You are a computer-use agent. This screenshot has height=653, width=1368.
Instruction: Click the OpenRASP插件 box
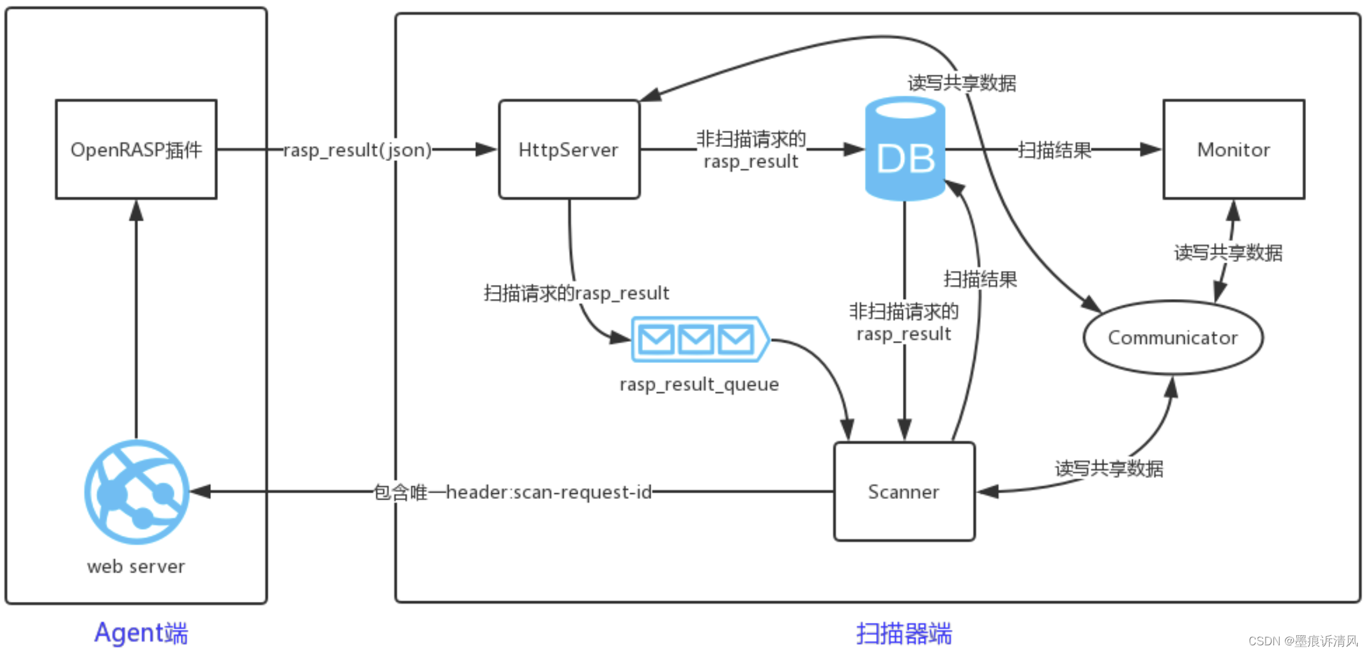(x=136, y=150)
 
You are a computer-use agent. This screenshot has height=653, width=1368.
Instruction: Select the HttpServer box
(x=569, y=150)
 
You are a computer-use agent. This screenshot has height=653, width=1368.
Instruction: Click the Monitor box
(x=1233, y=150)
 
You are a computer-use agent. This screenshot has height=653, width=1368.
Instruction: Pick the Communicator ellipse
(x=1172, y=337)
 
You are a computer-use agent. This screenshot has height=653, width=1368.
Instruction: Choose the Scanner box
(x=903, y=491)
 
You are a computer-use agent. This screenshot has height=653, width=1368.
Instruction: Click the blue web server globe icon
(x=137, y=491)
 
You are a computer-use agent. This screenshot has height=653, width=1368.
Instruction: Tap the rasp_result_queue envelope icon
(x=699, y=339)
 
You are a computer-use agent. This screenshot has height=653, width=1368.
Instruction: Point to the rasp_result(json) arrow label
(x=357, y=150)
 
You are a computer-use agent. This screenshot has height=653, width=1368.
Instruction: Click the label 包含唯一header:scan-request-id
(x=512, y=492)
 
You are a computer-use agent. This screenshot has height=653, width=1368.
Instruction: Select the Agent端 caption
(x=141, y=633)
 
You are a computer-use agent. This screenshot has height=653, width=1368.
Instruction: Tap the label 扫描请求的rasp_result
(x=576, y=293)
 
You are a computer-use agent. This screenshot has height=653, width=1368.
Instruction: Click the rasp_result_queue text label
(x=699, y=385)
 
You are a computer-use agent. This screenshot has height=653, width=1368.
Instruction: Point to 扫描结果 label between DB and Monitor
(x=1054, y=150)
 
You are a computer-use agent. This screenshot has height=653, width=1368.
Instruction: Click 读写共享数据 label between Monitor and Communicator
(x=1228, y=253)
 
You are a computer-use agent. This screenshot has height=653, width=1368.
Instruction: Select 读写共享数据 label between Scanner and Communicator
(x=1109, y=469)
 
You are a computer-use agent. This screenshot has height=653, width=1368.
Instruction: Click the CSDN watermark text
(x=1303, y=641)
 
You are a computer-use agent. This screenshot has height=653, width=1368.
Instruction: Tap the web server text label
(x=136, y=567)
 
